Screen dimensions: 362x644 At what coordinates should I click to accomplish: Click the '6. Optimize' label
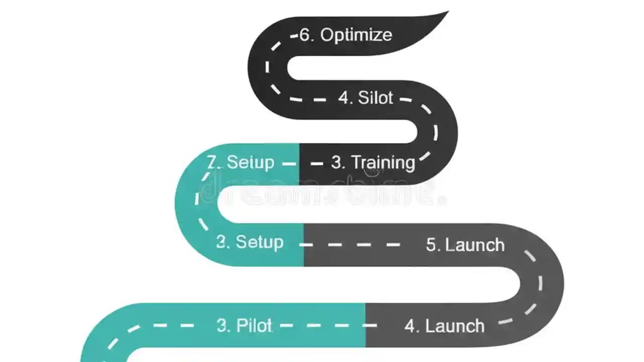(x=346, y=35)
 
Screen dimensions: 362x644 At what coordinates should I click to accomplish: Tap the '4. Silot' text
(x=365, y=98)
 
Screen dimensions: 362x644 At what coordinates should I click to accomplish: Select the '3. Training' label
(x=373, y=162)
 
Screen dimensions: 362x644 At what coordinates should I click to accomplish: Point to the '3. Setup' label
(x=250, y=242)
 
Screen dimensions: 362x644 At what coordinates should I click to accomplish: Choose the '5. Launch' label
(x=465, y=245)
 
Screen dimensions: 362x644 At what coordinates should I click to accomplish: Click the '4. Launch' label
(x=444, y=326)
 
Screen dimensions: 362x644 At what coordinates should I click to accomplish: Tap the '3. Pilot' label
(x=245, y=326)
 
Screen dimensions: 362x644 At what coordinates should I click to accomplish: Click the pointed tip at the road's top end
(x=447, y=13)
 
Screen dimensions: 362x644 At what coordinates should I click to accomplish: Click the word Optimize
(x=356, y=35)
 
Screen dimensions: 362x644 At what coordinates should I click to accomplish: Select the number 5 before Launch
(x=431, y=245)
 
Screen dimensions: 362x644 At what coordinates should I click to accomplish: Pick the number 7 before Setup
(x=213, y=162)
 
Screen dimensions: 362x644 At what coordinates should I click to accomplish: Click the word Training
(x=383, y=162)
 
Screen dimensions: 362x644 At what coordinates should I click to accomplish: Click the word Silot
(x=375, y=98)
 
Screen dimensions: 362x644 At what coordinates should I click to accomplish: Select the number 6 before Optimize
(x=305, y=35)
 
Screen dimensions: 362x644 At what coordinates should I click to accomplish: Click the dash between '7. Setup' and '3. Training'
(x=289, y=163)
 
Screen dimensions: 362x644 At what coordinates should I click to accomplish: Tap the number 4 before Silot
(x=344, y=98)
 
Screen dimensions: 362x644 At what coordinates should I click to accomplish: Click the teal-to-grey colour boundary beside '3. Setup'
(x=303, y=245)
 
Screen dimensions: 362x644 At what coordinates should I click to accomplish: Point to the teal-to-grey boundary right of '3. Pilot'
(x=366, y=325)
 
